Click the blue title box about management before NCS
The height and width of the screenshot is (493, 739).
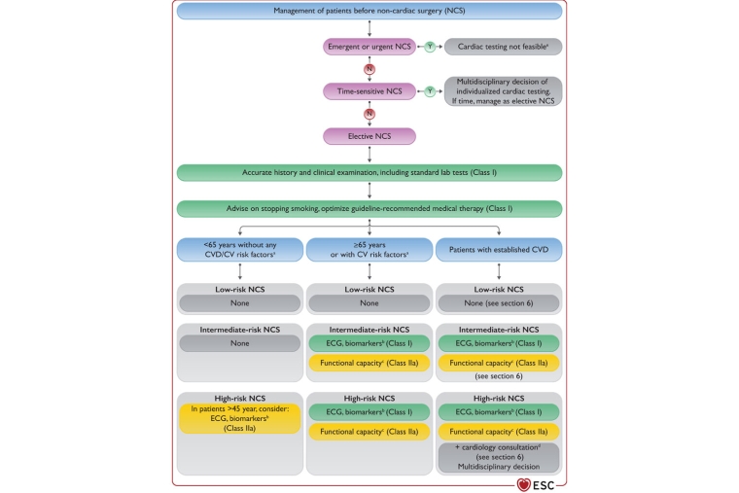point(369,11)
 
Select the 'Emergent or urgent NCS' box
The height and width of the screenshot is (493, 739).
point(369,46)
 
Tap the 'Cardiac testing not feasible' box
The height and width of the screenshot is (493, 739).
point(503,46)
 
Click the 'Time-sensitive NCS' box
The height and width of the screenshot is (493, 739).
point(369,90)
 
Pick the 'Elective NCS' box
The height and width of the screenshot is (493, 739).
point(369,136)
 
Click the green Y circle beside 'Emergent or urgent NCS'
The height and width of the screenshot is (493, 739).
point(430,46)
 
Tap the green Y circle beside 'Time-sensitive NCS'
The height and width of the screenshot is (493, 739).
point(430,90)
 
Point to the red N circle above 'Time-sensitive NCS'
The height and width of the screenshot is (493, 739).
point(369,68)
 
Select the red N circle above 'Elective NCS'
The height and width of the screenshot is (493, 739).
point(369,114)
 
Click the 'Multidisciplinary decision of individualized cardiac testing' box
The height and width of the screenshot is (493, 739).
point(503,90)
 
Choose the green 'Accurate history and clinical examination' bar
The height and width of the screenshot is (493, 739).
point(369,172)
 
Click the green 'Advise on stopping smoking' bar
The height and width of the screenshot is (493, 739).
point(369,208)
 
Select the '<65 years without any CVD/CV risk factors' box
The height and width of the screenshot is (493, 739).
point(239,249)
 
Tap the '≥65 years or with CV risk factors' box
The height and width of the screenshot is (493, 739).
point(369,249)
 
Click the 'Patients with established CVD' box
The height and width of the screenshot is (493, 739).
point(499,249)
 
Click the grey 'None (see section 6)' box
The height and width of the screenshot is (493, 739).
point(499,303)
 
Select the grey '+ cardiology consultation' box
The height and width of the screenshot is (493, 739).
point(499,456)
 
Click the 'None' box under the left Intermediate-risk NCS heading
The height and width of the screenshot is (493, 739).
point(239,343)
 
